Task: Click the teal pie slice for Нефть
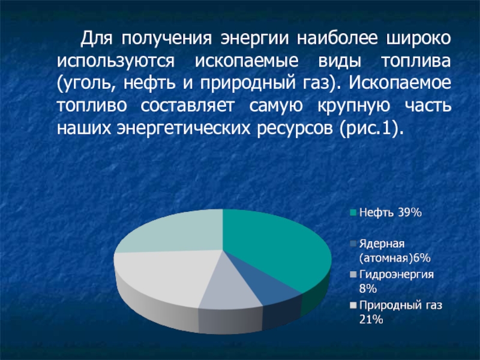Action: tap(276, 246)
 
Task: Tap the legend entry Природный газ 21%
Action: tap(400, 313)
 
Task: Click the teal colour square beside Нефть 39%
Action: tap(353, 212)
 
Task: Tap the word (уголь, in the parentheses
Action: tap(83, 83)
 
